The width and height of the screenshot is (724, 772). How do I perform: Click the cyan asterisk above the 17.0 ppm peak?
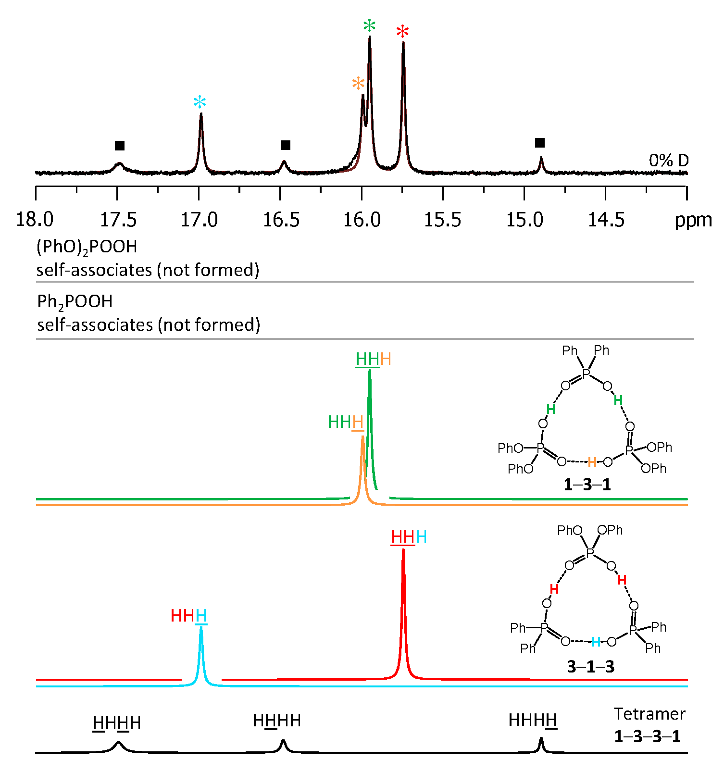click(x=200, y=102)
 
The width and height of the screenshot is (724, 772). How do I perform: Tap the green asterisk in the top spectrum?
click(x=369, y=26)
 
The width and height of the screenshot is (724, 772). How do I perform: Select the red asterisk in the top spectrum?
click(x=402, y=33)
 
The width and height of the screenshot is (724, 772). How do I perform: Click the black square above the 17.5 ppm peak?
click(x=120, y=146)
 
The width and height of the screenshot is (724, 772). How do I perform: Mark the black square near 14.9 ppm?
click(x=540, y=143)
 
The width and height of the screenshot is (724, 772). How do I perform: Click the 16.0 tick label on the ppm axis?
click(x=362, y=220)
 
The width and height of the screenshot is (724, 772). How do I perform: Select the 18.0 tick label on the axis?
click(x=35, y=220)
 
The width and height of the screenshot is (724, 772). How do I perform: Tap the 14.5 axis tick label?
click(x=606, y=220)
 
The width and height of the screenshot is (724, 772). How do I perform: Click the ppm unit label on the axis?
click(x=693, y=220)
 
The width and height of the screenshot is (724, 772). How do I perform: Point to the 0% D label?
click(x=668, y=161)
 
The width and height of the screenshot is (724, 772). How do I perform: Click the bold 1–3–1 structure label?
click(x=587, y=485)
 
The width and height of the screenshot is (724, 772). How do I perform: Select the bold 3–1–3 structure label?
click(x=590, y=667)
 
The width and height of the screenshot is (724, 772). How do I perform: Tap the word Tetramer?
click(x=649, y=714)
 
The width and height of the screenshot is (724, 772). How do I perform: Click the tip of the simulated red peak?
click(x=403, y=550)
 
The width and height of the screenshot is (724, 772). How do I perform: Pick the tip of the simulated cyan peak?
click(x=201, y=627)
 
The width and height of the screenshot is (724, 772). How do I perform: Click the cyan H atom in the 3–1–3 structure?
click(x=596, y=642)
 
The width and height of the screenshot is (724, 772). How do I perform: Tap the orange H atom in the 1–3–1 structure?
click(x=592, y=462)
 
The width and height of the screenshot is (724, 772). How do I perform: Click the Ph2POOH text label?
click(x=75, y=302)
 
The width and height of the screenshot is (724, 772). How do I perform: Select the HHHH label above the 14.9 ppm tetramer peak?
click(x=533, y=721)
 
